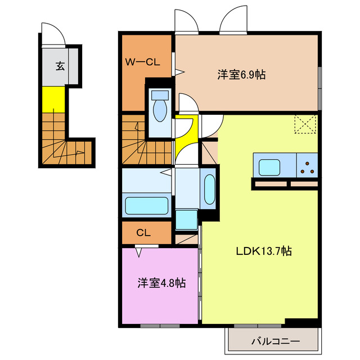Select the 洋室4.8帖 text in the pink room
pos(161,283)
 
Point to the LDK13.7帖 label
pos(263,251)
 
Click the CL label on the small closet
pos(143,232)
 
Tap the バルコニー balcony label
pos(275,341)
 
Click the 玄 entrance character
pos(60,66)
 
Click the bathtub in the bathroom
pos(146,205)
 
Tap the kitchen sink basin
pos(269,167)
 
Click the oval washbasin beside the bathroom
pos(209,190)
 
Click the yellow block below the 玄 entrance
pos(53,99)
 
